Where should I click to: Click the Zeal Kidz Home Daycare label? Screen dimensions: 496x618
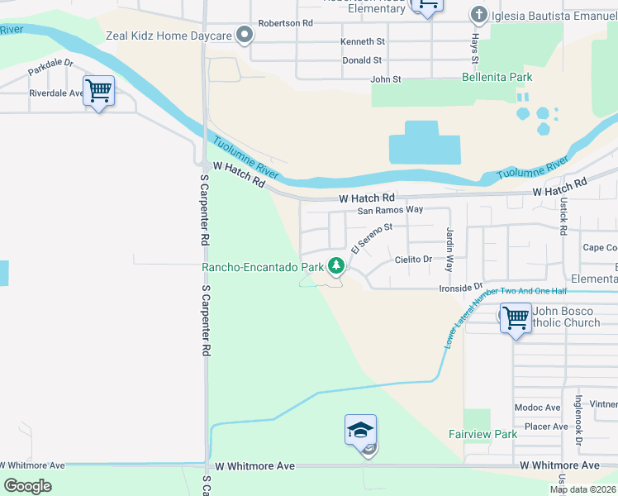169,36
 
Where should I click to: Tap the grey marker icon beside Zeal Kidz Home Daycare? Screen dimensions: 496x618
244,35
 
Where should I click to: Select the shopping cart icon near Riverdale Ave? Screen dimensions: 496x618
98,90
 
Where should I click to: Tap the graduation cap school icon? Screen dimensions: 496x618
360,431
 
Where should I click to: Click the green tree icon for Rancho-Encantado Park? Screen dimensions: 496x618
335,266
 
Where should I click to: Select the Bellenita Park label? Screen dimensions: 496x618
497,78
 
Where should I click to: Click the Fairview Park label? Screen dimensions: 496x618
483,434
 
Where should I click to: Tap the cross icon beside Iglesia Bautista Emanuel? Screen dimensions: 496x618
478,14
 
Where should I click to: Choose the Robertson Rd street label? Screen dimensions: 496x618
287,24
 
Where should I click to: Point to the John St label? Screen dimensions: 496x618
385,79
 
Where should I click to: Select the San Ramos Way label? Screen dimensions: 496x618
390,210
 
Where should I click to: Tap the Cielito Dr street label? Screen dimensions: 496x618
413,260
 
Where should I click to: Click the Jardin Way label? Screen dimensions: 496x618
450,250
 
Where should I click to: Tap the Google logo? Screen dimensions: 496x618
27,486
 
